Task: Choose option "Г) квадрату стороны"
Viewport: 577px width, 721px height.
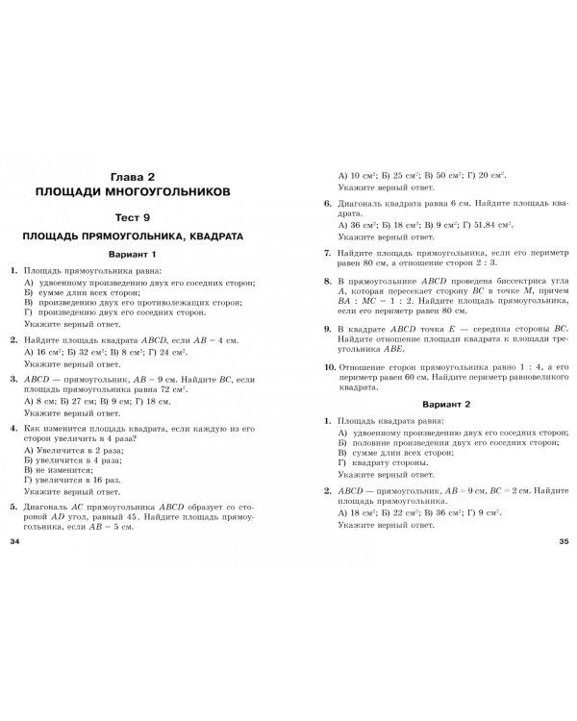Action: (385, 463)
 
